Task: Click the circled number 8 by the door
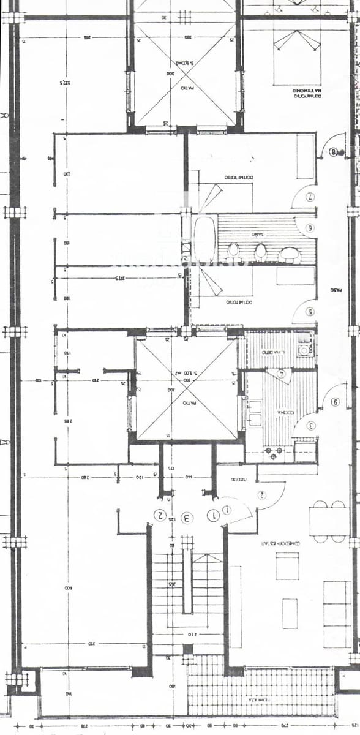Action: pyautogui.click(x=334, y=153)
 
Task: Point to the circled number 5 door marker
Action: pyautogui.click(x=310, y=312)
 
